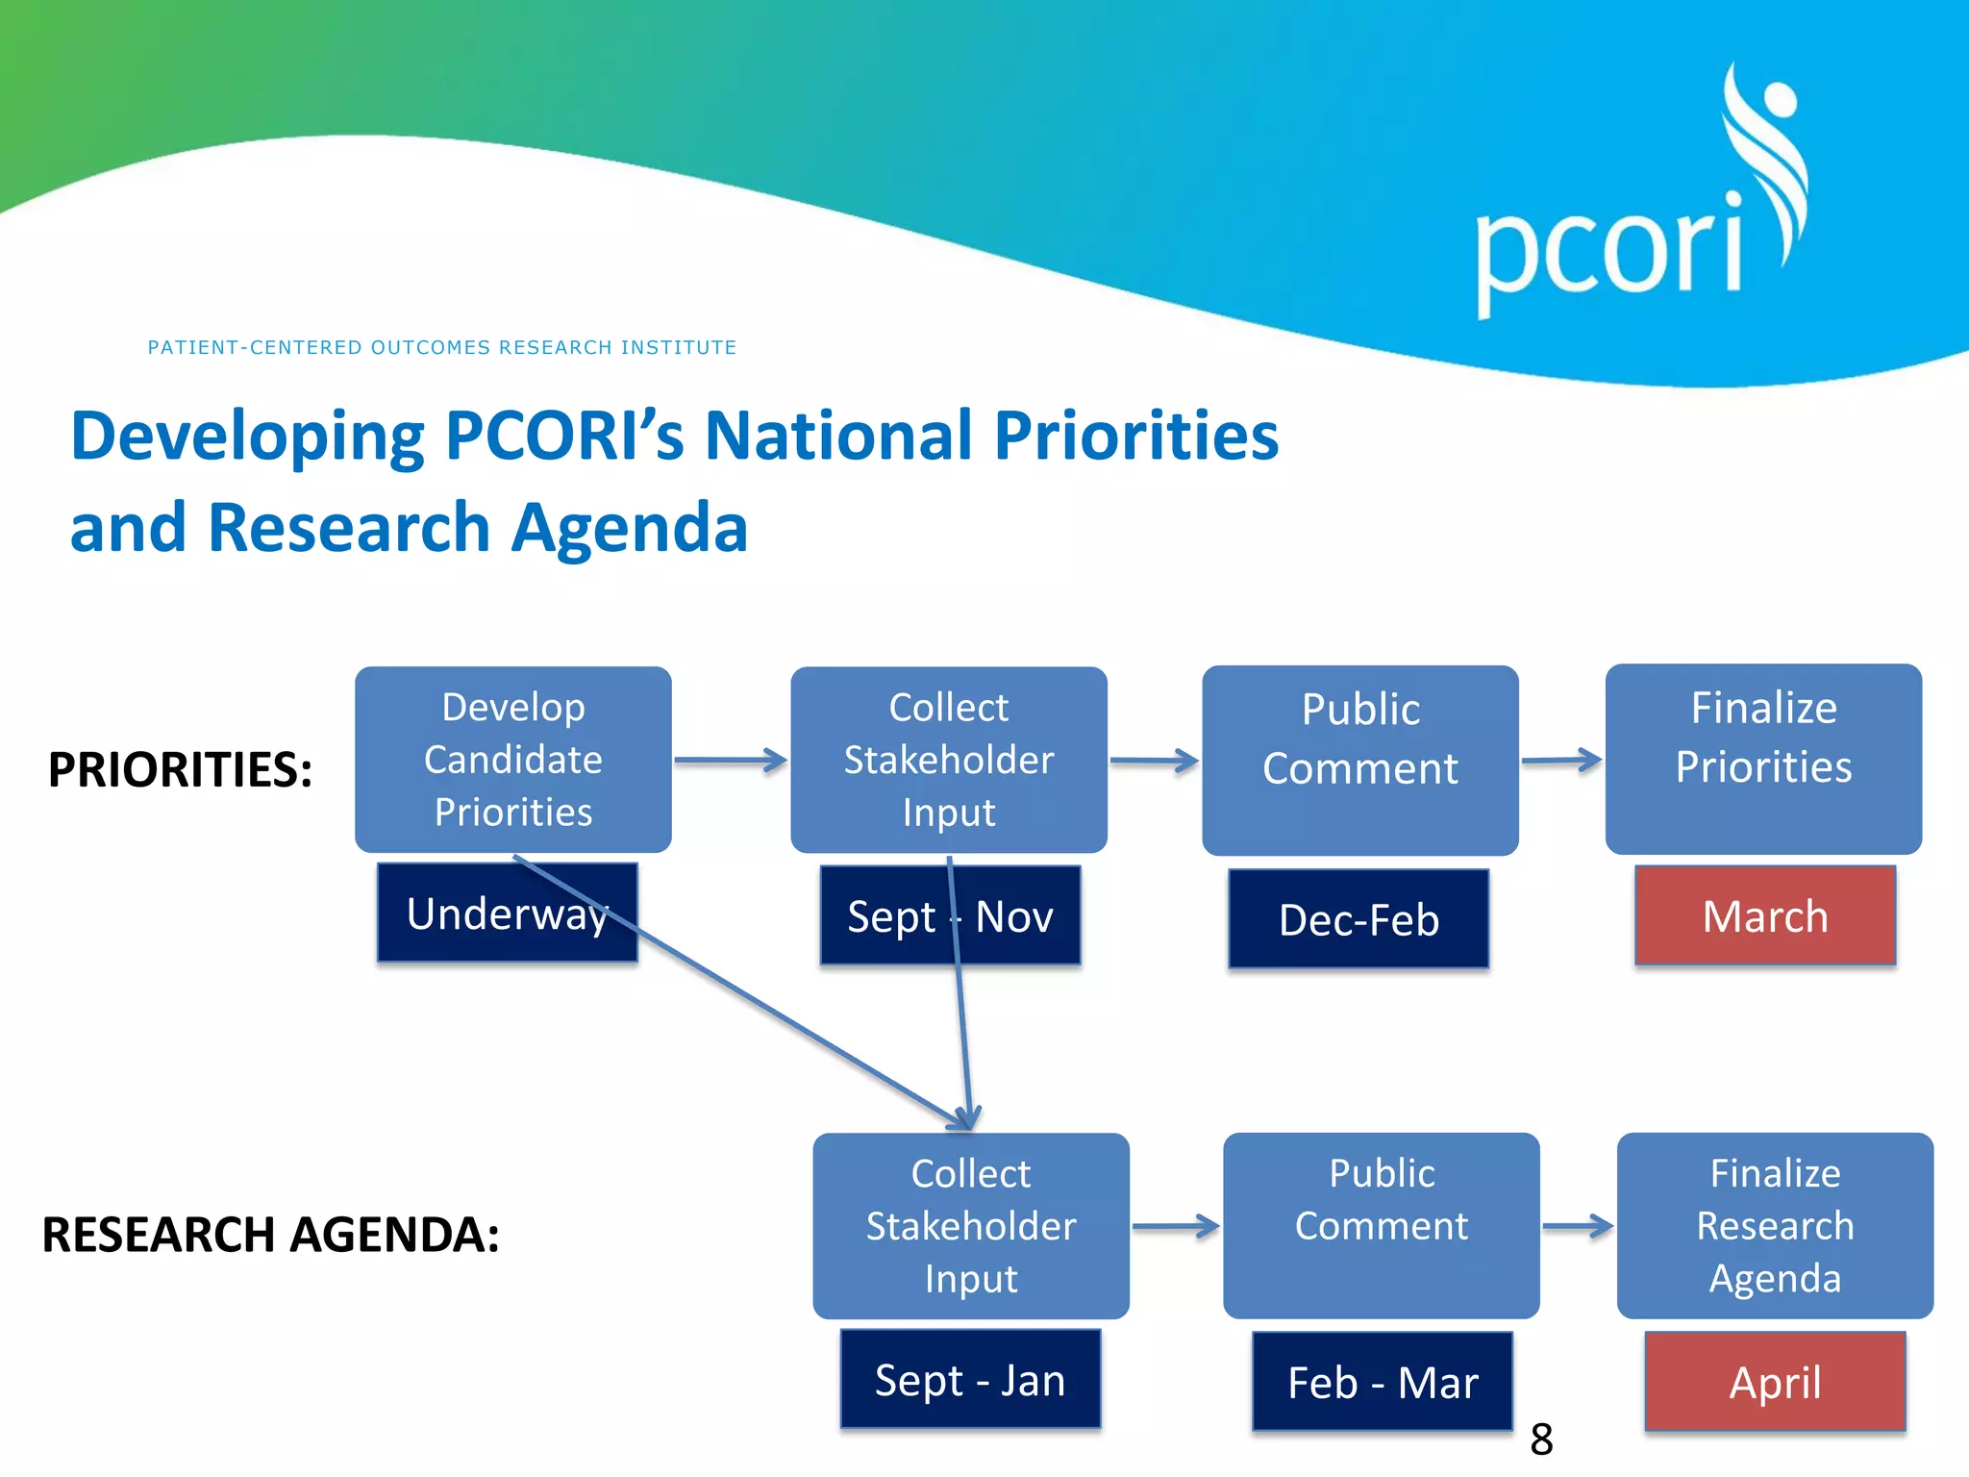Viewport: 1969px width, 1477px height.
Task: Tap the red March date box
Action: tap(1764, 915)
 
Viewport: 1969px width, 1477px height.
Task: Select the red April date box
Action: tap(1775, 1382)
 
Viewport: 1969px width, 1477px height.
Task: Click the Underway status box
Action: tap(507, 913)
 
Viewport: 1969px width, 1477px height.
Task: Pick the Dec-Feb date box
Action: tap(1358, 919)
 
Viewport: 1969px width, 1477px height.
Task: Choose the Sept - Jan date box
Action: tap(969, 1379)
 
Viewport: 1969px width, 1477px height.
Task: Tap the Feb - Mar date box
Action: tap(1382, 1382)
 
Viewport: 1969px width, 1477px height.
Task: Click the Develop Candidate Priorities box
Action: tap(512, 759)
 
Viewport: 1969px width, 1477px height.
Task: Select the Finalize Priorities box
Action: tap(1763, 759)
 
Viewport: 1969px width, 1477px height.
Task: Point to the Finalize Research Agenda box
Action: tap(1774, 1225)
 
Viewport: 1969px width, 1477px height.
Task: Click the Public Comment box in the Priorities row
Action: tap(1359, 759)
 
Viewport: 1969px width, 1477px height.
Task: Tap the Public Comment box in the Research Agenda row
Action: tap(1381, 1225)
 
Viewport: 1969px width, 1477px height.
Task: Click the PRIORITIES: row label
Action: tap(180, 769)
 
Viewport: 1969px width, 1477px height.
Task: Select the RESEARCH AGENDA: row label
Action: tap(270, 1235)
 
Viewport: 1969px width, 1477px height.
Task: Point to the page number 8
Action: tap(1541, 1439)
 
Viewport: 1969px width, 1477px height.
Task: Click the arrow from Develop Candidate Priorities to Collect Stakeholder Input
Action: tap(730, 761)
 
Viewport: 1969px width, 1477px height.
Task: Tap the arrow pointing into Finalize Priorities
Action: tap(1561, 761)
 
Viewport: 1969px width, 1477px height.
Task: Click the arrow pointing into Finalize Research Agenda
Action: tap(1578, 1226)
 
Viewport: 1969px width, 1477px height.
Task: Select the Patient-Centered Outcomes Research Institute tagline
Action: tap(441, 347)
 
